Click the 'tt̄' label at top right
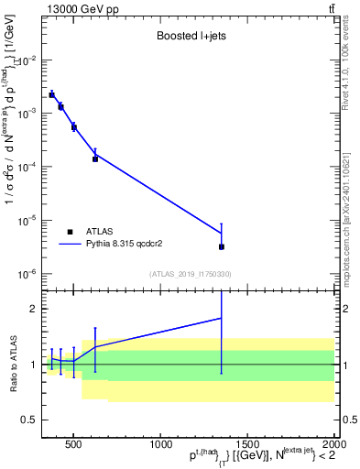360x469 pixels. click(x=329, y=9)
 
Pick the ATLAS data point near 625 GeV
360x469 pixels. click(x=95, y=158)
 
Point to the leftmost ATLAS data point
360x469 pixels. click(x=52, y=94)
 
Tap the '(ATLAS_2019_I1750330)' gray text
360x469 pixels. click(x=190, y=274)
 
